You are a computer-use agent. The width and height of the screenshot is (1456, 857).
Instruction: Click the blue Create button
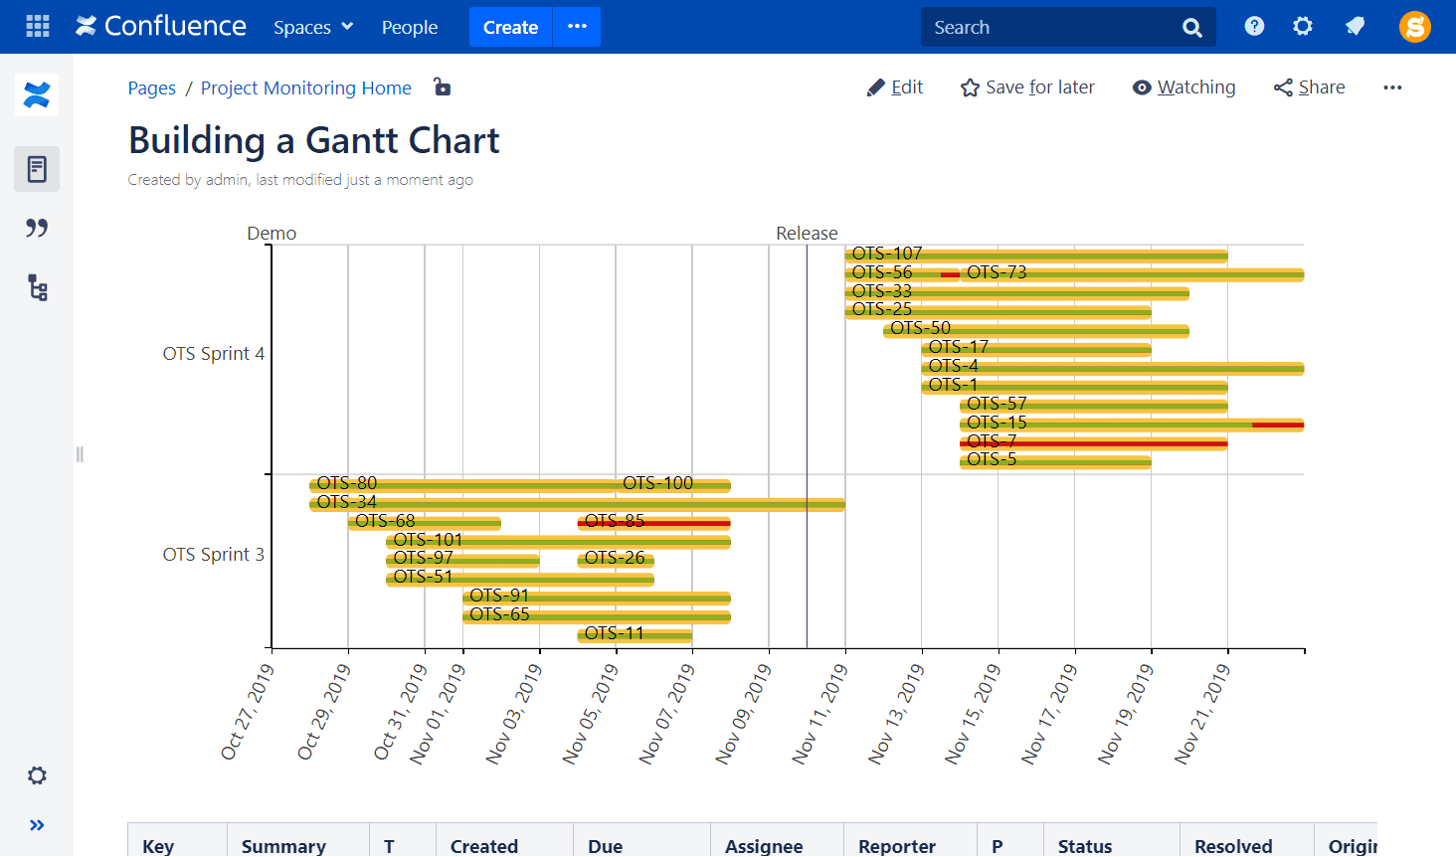click(x=510, y=27)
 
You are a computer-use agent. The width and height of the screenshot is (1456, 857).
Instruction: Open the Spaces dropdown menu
click(x=313, y=27)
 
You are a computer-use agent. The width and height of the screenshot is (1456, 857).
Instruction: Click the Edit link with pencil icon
click(x=895, y=87)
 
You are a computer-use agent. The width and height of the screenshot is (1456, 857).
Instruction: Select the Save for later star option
click(x=1027, y=87)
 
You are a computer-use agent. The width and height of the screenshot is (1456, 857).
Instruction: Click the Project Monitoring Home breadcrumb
click(x=305, y=87)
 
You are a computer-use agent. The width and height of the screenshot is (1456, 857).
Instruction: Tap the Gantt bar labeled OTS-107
click(x=1034, y=256)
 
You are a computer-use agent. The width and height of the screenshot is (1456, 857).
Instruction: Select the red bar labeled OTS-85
click(x=653, y=522)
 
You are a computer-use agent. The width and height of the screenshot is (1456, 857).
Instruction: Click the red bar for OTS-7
click(x=1094, y=442)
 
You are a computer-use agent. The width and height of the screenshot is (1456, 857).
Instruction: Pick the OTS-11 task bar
click(x=634, y=634)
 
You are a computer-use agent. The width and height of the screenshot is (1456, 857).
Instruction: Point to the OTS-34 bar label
click(x=346, y=502)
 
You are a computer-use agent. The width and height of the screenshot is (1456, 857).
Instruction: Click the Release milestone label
click(x=807, y=233)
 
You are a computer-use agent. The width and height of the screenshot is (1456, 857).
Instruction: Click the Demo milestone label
click(x=272, y=233)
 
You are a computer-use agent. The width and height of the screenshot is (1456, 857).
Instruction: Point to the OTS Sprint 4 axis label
click(x=213, y=353)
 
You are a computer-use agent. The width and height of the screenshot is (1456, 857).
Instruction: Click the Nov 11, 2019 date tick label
click(x=820, y=713)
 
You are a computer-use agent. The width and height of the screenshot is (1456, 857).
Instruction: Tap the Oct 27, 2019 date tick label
click(x=248, y=712)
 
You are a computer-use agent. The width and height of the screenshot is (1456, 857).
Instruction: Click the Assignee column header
click(x=763, y=845)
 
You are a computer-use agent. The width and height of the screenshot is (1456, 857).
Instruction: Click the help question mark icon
click(x=1254, y=27)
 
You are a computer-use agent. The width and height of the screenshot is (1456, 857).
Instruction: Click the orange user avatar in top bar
click(x=1414, y=27)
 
